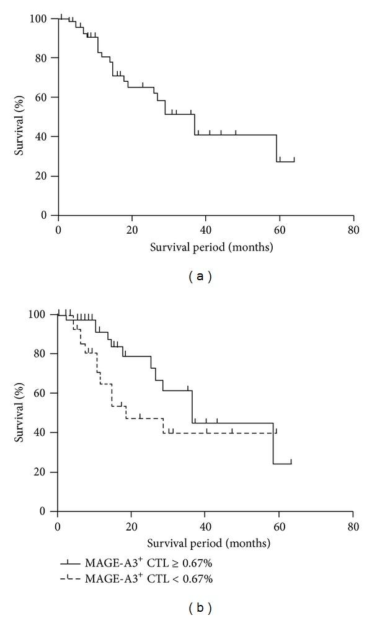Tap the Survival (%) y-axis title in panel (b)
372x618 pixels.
click(21, 412)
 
